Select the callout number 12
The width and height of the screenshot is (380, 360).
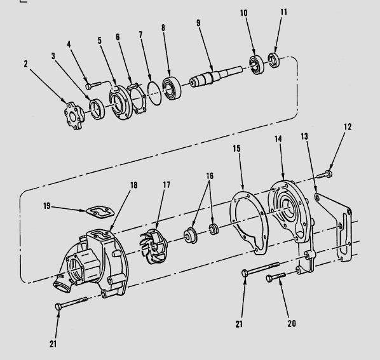(x=347, y=127)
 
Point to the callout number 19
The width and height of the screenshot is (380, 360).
(x=48, y=206)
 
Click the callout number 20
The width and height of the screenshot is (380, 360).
(x=292, y=323)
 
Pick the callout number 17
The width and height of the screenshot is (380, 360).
(x=166, y=185)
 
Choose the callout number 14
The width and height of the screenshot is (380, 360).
(x=278, y=139)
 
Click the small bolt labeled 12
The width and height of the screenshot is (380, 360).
(x=325, y=172)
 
